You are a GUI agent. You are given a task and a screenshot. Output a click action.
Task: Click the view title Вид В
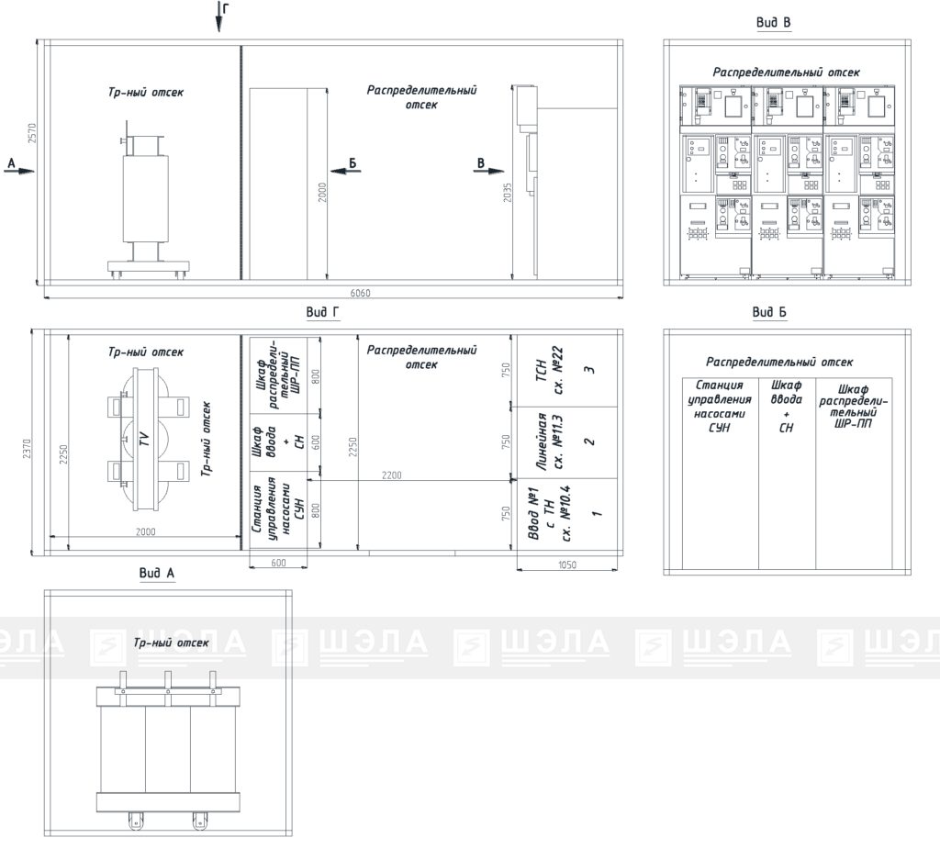(773, 23)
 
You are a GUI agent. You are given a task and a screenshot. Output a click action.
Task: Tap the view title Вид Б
(769, 312)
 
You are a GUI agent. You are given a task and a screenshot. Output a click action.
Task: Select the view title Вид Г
(322, 312)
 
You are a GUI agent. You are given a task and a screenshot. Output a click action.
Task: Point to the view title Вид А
(156, 574)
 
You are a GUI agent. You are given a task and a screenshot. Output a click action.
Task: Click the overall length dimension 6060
(360, 293)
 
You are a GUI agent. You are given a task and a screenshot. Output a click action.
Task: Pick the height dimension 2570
(32, 133)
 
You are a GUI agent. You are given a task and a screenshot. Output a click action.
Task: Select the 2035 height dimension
(508, 193)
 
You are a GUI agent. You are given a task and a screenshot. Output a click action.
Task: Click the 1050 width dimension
(567, 564)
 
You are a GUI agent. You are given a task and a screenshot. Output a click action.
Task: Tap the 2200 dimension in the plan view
(391, 475)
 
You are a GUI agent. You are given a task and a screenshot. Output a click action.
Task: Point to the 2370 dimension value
(27, 449)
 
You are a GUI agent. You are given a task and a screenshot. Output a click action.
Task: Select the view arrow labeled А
(20, 171)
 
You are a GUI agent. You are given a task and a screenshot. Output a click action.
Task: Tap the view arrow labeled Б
(346, 171)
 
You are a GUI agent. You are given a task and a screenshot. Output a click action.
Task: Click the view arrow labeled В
(488, 171)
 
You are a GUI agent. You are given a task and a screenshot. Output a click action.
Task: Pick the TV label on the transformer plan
(144, 440)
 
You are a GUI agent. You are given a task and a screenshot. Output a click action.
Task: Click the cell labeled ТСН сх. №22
(567, 371)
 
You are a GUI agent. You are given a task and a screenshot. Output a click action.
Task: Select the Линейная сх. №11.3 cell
(567, 442)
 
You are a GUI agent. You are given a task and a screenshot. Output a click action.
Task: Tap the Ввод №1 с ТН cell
(567, 514)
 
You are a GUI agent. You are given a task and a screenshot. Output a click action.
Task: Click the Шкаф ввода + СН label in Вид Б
(786, 407)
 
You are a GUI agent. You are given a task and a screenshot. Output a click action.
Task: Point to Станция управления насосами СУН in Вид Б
(720, 407)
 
